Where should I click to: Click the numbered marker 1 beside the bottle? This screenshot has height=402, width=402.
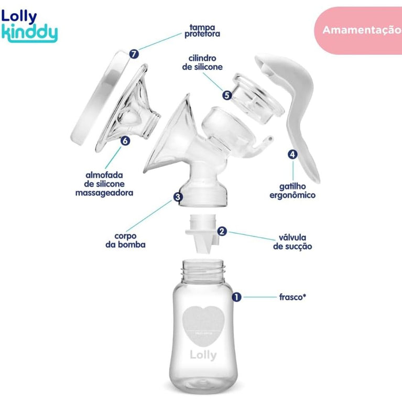tap(236, 297)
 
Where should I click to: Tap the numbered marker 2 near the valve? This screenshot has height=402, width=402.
tap(222, 231)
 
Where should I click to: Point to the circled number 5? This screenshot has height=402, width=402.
tap(226, 95)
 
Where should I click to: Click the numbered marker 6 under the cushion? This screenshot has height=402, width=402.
tap(124, 140)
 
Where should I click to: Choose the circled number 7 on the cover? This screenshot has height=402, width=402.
tap(135, 54)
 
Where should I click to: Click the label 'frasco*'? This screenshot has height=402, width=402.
tap(292, 297)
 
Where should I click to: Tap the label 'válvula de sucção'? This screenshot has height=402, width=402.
tap(292, 241)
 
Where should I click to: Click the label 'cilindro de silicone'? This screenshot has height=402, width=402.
tap(202, 62)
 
